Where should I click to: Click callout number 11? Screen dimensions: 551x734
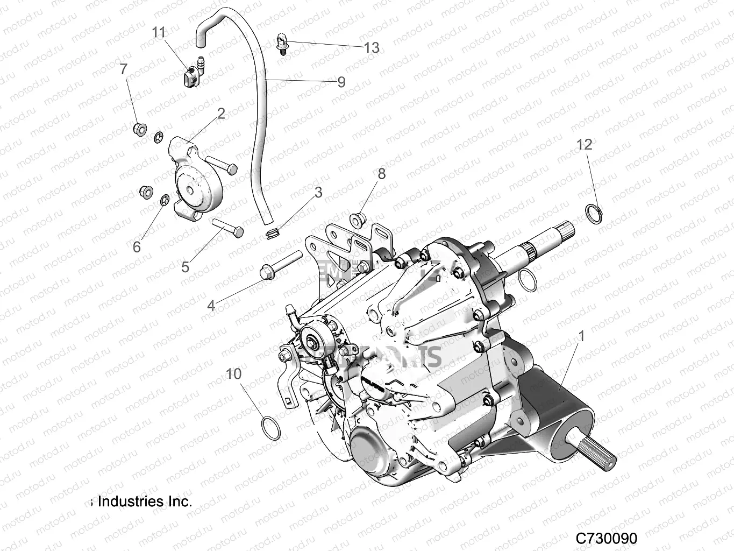point(159,33)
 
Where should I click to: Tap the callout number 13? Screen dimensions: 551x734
point(372,48)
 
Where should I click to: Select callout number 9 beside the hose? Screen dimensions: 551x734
point(341,82)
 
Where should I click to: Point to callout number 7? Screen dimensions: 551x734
point(124,69)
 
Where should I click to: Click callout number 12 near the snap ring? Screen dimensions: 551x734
point(585,144)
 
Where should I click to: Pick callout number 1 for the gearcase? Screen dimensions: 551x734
point(581,337)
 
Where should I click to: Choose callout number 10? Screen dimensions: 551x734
point(233,373)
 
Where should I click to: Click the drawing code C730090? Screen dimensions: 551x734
point(606,538)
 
